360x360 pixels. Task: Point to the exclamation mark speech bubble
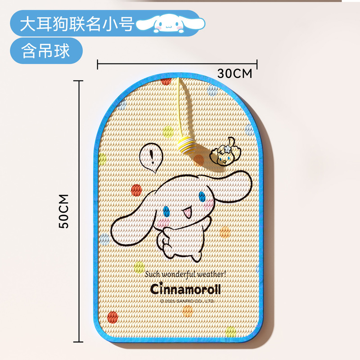150,158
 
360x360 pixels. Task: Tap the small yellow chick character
225,153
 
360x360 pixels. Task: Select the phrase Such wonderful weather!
188,274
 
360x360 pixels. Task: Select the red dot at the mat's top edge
166,81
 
